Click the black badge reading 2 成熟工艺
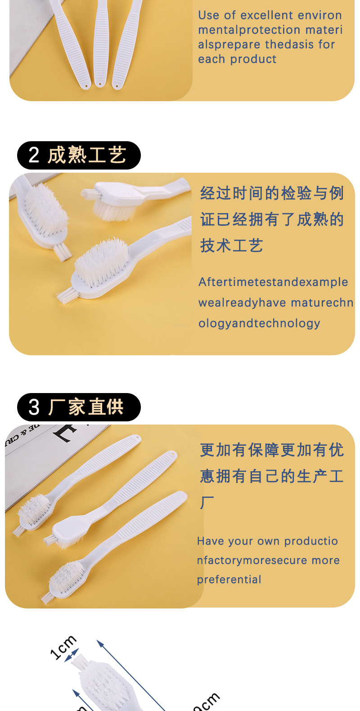[79, 155]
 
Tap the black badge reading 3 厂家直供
[79, 407]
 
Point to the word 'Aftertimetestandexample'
[273, 282]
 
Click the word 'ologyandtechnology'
[259, 323]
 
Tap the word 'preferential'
[229, 580]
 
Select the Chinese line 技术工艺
[232, 246]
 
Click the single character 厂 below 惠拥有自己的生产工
[207, 502]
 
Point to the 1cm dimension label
[63, 648]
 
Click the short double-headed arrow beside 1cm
[72, 655]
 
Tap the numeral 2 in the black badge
[34, 155]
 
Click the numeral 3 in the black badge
[34, 407]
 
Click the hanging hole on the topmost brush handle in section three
[138, 438]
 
